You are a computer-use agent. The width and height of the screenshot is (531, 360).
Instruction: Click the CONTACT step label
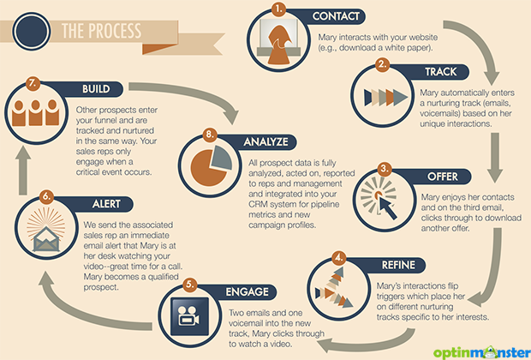(336, 16)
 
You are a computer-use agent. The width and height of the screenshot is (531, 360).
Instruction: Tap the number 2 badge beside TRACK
(382, 65)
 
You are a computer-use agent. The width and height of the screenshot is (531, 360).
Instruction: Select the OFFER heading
(442, 177)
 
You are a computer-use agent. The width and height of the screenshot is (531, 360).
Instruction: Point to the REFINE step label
(398, 265)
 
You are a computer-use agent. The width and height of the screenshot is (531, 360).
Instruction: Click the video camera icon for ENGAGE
(188, 316)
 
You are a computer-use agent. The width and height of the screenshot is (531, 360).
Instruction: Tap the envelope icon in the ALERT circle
(46, 240)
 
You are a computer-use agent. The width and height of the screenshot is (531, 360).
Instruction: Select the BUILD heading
(96, 89)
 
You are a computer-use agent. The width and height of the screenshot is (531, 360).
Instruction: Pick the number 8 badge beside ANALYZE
(210, 135)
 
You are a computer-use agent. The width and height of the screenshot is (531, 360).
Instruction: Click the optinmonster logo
(481, 352)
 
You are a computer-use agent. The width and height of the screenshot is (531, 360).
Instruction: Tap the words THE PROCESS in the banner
(101, 31)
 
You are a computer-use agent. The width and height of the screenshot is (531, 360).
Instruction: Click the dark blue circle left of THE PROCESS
(32, 32)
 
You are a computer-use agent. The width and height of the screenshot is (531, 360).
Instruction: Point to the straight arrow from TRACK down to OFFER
(495, 158)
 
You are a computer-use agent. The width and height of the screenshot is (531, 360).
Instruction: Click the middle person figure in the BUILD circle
(36, 112)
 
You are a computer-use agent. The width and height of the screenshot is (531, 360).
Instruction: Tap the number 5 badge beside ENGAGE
(190, 285)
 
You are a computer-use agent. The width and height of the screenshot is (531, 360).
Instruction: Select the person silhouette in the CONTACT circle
(278, 45)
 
